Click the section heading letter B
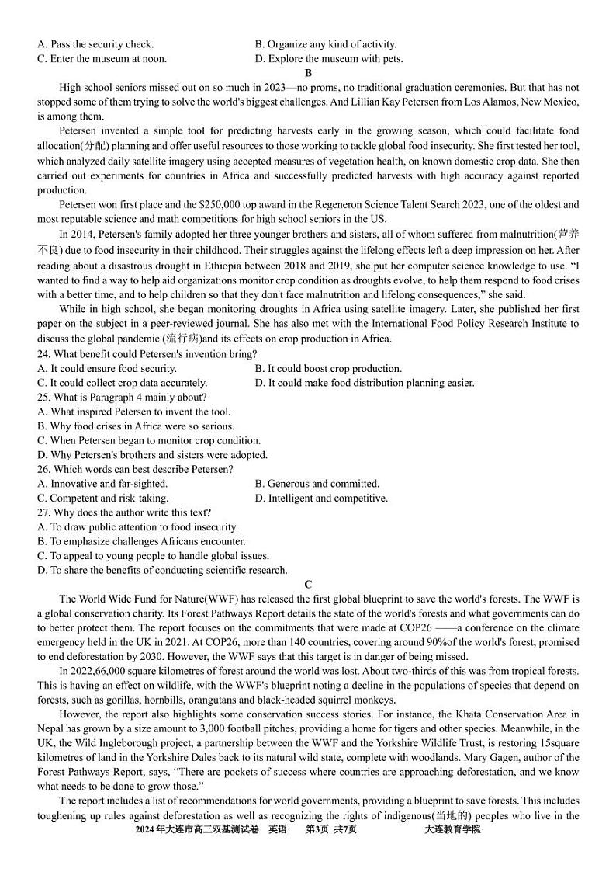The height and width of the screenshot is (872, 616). click(x=308, y=73)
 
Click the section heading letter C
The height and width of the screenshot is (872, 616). click(x=308, y=585)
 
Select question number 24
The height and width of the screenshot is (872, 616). click(x=44, y=354)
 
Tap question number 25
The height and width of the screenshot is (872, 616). click(x=44, y=398)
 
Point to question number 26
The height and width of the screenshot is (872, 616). click(x=44, y=469)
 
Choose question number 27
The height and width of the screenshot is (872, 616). click(x=44, y=512)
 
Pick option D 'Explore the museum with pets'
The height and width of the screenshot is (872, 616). click(x=329, y=58)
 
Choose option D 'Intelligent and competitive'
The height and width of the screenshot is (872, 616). click(x=321, y=498)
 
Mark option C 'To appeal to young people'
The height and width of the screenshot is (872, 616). click(x=153, y=556)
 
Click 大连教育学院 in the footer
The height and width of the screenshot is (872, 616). click(x=452, y=830)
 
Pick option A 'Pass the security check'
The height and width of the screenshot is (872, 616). click(x=95, y=44)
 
